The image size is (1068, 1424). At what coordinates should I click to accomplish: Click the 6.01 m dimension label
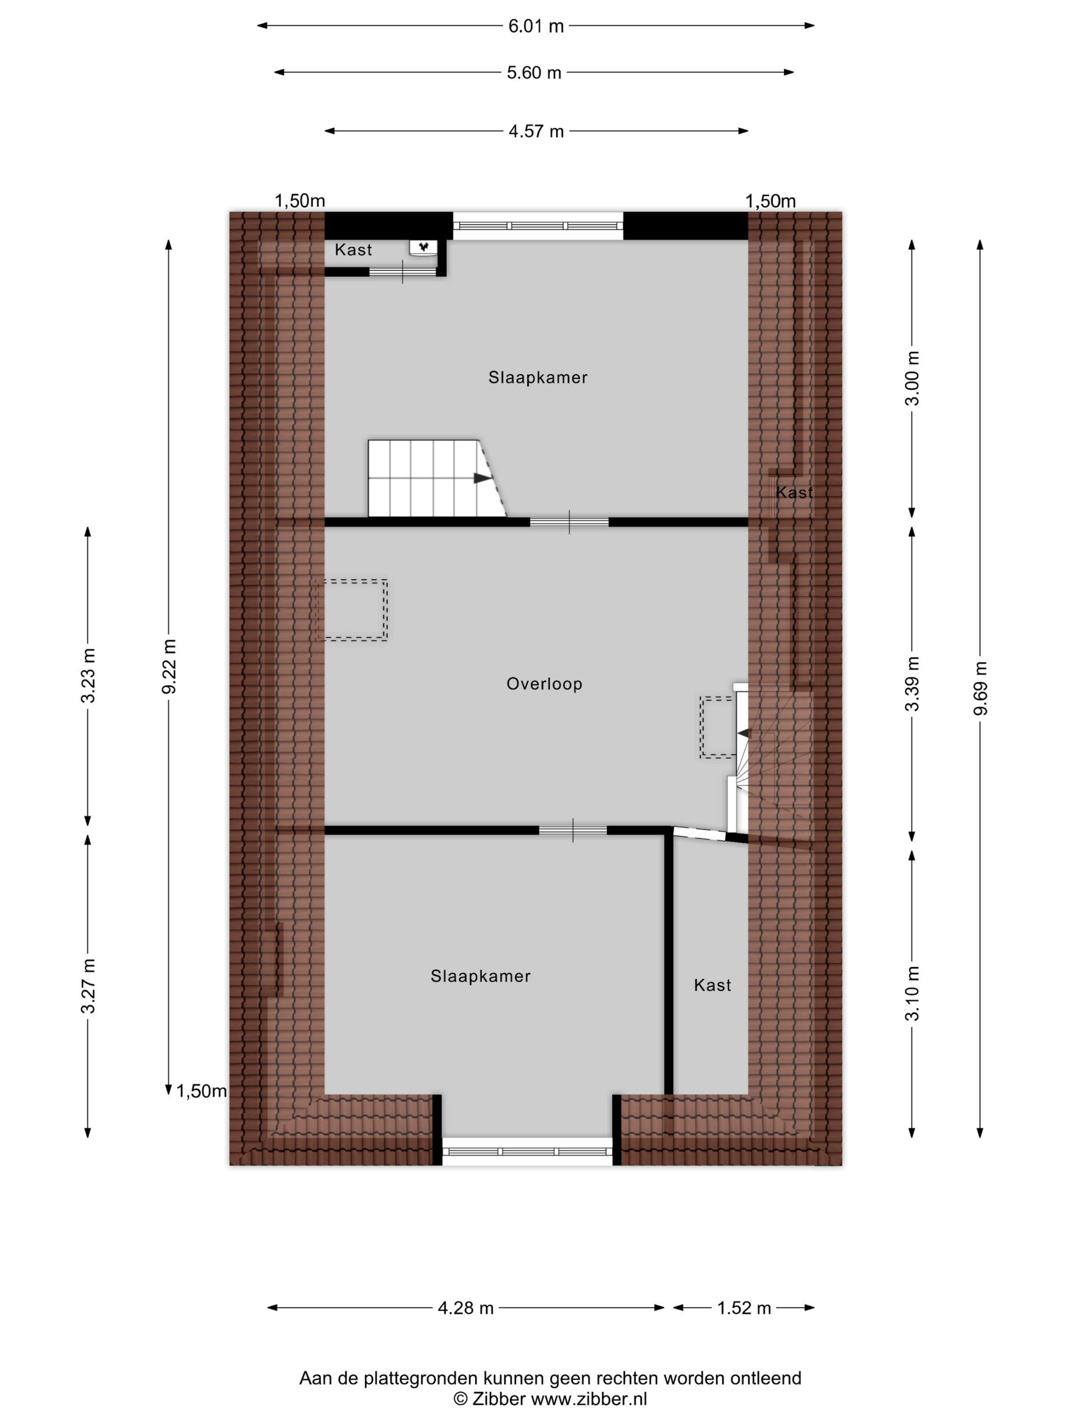coord(536,26)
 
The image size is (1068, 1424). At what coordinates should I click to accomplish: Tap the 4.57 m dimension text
coord(536,131)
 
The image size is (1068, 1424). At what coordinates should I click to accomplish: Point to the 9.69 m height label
coord(980,688)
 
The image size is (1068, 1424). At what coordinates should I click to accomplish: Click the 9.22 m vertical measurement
coord(169,667)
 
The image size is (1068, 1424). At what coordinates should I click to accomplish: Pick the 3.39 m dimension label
coord(911,683)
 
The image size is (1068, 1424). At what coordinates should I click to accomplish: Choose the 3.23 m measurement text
coord(88,675)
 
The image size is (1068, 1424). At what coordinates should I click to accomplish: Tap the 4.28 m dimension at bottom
coord(465,1308)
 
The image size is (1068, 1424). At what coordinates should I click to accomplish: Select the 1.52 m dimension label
coord(744,1308)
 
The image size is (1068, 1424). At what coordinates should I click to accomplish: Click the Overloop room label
coord(544,684)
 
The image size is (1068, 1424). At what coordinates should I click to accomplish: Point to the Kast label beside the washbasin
coord(353,250)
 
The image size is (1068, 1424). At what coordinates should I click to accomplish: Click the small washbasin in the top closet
coord(423,247)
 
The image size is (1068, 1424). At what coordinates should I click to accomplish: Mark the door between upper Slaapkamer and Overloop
coord(569,522)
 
